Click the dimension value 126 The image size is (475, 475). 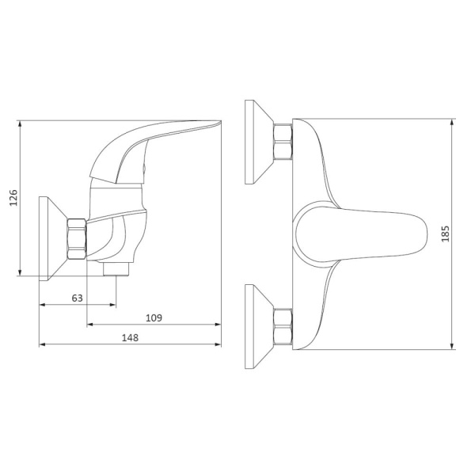point(13,198)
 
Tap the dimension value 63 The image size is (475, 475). point(78,298)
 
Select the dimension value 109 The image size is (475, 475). point(154,318)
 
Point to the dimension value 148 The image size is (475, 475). point(130,338)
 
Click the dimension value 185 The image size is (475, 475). point(445,234)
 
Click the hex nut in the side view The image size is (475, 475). point(77,239)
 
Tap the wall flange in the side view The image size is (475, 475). point(53,239)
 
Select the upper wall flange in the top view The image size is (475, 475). point(259,142)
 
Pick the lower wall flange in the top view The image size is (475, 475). point(259,326)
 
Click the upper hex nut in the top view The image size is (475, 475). point(283,142)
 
